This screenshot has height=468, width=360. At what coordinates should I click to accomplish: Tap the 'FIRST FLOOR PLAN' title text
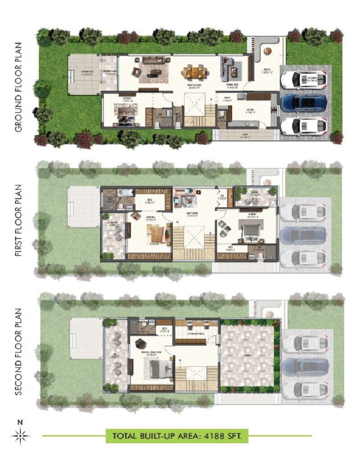click(18, 220)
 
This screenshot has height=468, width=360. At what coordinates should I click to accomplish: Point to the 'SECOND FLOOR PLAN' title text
click(18, 351)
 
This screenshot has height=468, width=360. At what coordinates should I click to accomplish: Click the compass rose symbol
click(20, 435)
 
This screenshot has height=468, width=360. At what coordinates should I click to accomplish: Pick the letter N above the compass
click(20, 423)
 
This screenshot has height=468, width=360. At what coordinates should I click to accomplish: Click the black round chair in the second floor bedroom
click(139, 343)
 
